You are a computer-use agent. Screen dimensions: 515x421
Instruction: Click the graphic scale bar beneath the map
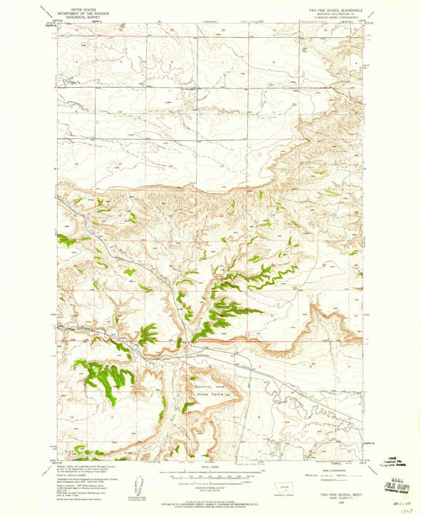tap(209, 476)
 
